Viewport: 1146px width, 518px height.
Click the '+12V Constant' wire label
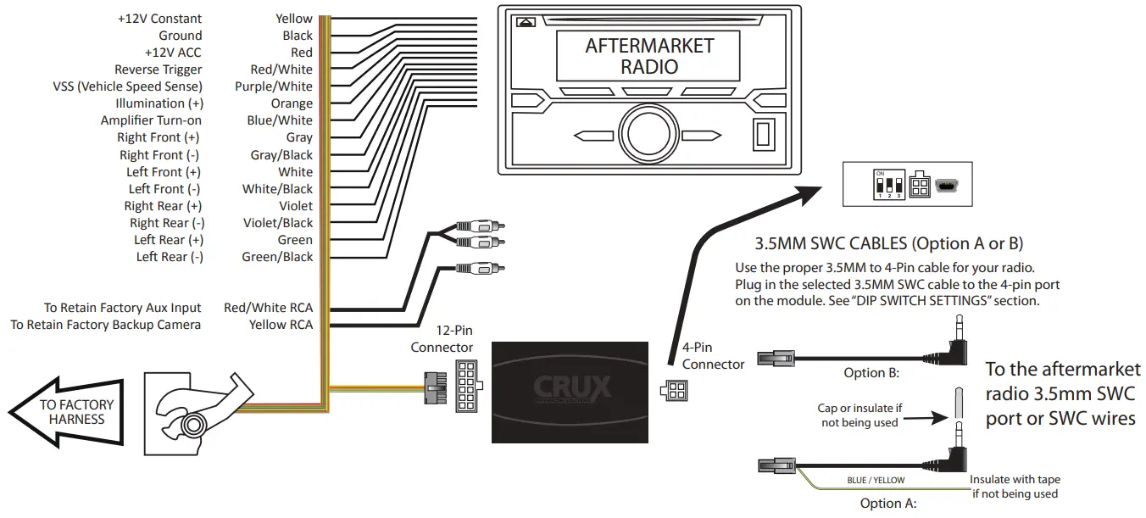159,19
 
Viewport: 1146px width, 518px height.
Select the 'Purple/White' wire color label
273,86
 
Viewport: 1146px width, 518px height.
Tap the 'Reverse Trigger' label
158,70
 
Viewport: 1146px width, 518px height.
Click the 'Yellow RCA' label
280,325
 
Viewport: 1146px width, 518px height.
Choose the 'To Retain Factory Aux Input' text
123,308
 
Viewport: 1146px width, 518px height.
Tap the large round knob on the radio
648,134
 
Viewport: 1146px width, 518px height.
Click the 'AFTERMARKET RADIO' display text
648,56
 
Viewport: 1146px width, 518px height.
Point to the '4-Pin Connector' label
713,355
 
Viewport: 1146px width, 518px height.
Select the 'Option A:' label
887,503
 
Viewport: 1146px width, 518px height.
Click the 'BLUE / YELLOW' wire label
876,480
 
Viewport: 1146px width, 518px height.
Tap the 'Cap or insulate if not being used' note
859,415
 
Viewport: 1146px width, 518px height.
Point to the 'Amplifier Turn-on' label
151,120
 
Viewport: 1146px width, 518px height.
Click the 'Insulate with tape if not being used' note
1015,487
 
